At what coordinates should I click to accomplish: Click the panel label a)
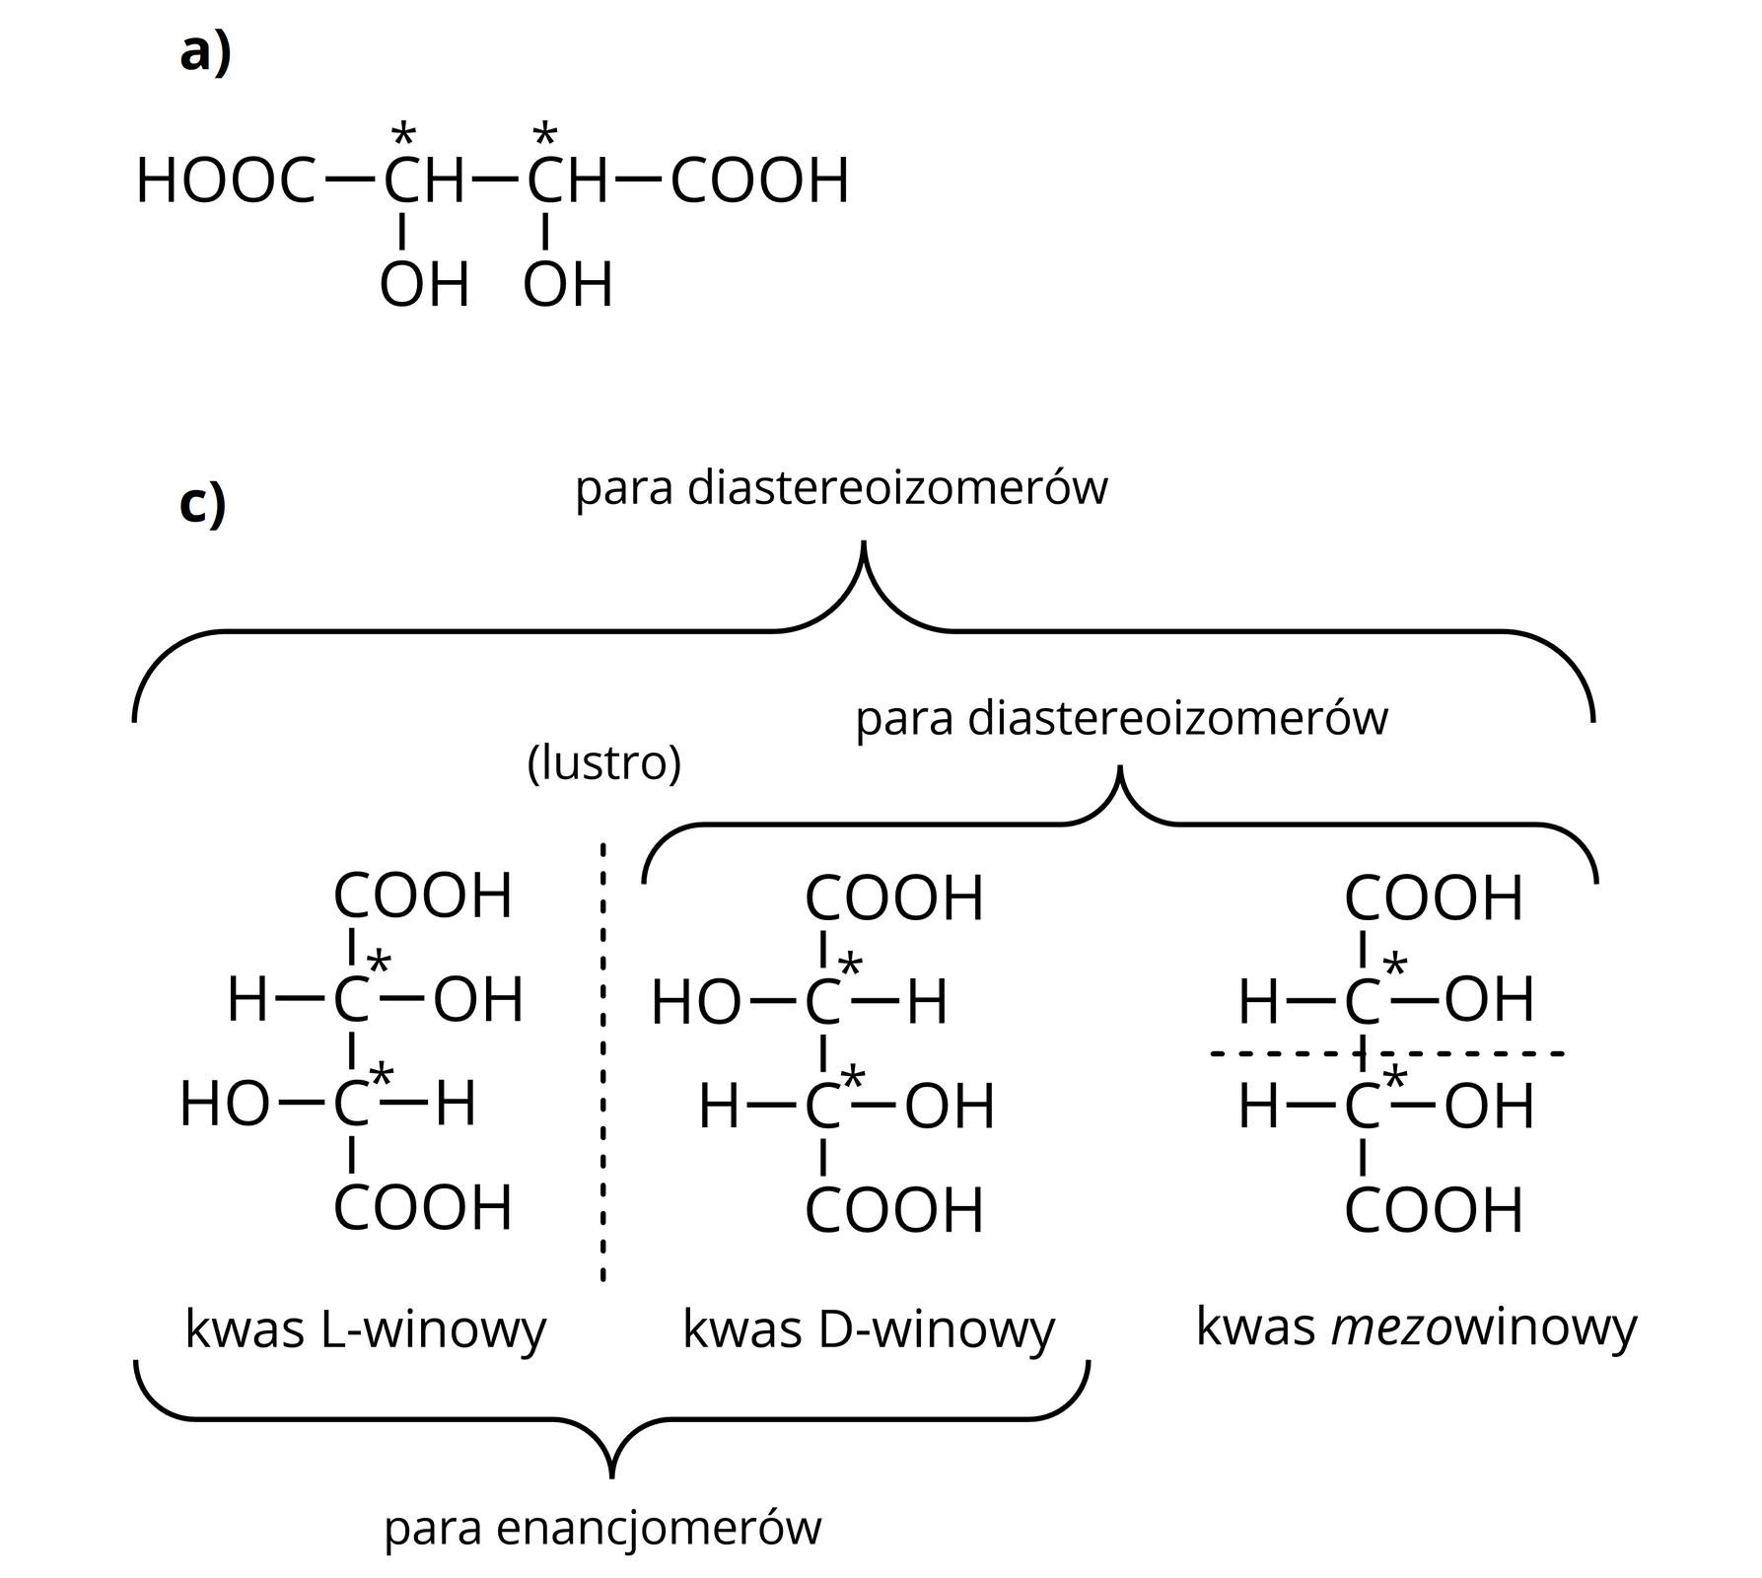click(x=205, y=54)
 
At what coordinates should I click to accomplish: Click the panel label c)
click(x=203, y=505)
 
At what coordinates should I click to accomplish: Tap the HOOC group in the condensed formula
click(x=226, y=182)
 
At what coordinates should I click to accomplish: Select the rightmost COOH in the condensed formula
click(x=760, y=182)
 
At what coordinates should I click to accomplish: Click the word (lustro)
click(x=604, y=763)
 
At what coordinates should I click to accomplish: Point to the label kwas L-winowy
click(x=366, y=1329)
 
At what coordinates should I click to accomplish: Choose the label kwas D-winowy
click(x=869, y=1329)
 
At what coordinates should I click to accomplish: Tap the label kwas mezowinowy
click(x=1416, y=1327)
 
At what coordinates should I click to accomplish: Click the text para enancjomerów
click(x=602, y=1528)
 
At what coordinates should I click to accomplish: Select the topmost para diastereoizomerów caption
click(x=841, y=488)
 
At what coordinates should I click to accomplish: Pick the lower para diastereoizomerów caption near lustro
click(x=1121, y=718)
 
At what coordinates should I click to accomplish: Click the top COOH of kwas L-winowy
click(x=423, y=897)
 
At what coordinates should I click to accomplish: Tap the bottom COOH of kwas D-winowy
click(x=894, y=1211)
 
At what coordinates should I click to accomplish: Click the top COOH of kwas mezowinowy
click(x=1434, y=899)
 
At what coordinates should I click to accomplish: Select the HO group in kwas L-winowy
click(x=225, y=1105)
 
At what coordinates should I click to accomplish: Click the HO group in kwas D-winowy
click(x=696, y=1004)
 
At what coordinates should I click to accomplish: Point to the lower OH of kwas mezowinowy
click(x=1489, y=1107)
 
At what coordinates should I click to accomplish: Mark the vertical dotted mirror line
click(x=603, y=1060)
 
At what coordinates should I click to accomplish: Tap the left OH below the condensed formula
click(x=424, y=286)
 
